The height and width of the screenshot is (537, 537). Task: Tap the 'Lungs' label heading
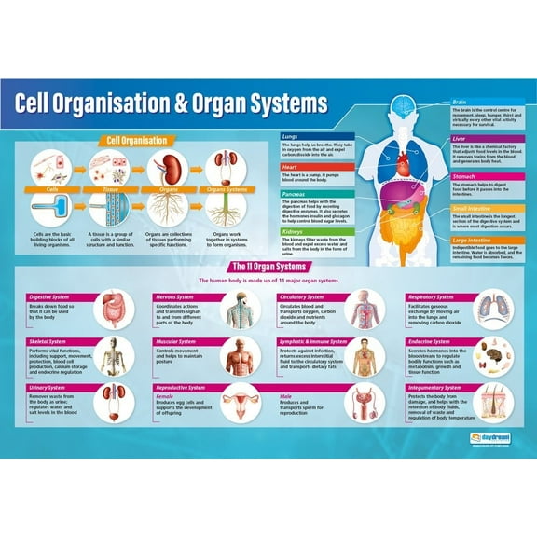pyautogui.click(x=291, y=136)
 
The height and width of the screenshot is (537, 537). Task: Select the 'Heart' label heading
pyautogui.click(x=290, y=168)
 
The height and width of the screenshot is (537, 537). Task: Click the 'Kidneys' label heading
pyautogui.click(x=293, y=230)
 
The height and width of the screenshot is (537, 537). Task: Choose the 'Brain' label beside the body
pyautogui.click(x=459, y=103)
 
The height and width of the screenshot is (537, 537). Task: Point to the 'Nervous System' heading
pyautogui.click(x=177, y=297)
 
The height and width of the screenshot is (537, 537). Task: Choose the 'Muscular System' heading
pyautogui.click(x=178, y=342)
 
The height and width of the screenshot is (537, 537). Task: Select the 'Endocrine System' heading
pyautogui.click(x=431, y=342)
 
